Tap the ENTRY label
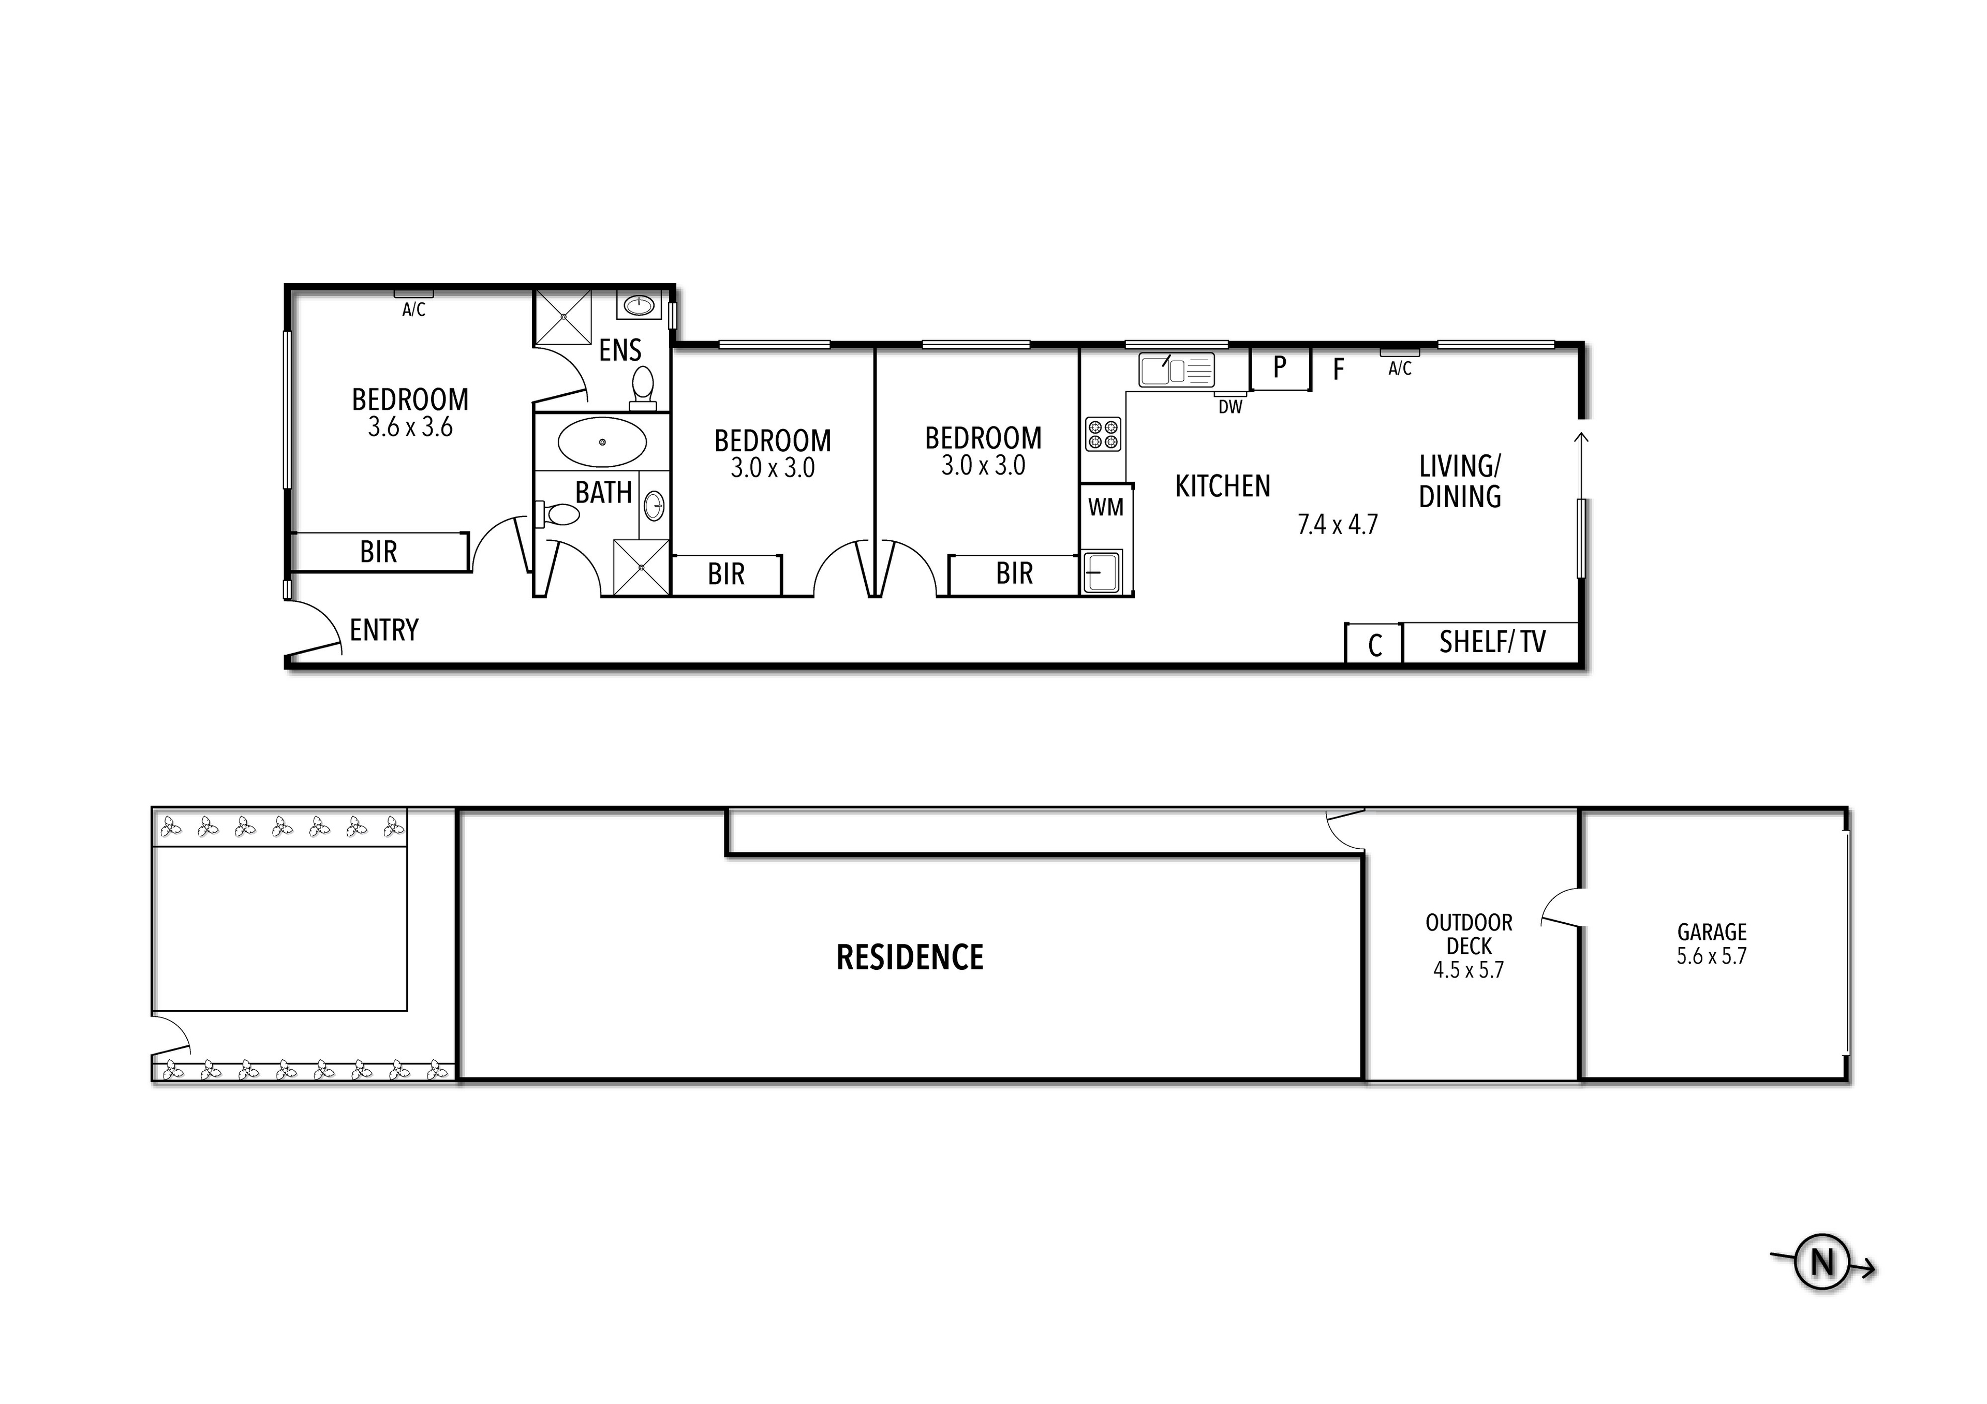pyautogui.click(x=384, y=630)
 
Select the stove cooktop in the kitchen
pyautogui.click(x=1103, y=435)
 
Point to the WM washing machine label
pyautogui.click(x=1106, y=507)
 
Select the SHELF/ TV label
pyautogui.click(x=1492, y=642)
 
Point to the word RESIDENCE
pyautogui.click(x=910, y=957)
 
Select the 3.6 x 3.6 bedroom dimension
pyautogui.click(x=410, y=427)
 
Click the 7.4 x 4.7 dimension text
pyautogui.click(x=1337, y=525)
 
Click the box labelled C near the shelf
pyautogui.click(x=1374, y=644)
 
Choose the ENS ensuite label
pyautogui.click(x=619, y=350)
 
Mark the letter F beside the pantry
pyautogui.click(x=1338, y=370)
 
